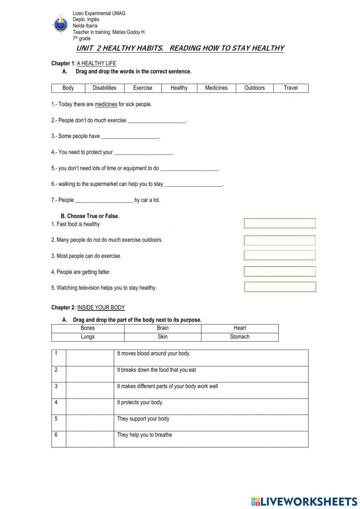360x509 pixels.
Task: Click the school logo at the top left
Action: pyautogui.click(x=60, y=24)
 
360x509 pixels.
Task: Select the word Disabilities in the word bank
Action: pyautogui.click(x=104, y=88)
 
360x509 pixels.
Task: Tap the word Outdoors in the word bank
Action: pyautogui.click(x=255, y=88)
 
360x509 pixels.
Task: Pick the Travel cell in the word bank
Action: pyautogui.click(x=291, y=88)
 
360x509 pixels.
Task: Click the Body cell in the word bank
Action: pyautogui.click(x=68, y=88)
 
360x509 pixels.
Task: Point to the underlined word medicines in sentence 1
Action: pyautogui.click(x=106, y=104)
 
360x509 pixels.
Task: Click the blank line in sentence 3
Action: pyautogui.click(x=130, y=137)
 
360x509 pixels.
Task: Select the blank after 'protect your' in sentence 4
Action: pyautogui.click(x=143, y=152)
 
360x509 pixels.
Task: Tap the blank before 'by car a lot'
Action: pyautogui.click(x=104, y=200)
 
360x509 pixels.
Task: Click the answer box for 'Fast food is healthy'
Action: pyautogui.click(x=279, y=223)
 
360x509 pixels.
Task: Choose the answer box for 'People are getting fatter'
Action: pyautogui.click(x=279, y=271)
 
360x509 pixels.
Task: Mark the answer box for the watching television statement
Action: pyautogui.click(x=280, y=287)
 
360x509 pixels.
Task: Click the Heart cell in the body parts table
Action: pyautogui.click(x=240, y=328)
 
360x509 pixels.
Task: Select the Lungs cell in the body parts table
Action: pyautogui.click(x=87, y=337)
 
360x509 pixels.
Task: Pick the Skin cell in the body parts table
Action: pyautogui.click(x=162, y=337)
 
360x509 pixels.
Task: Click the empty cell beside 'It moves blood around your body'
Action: pyautogui.click(x=90, y=358)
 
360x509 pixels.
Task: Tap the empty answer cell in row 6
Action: pyautogui.click(x=90, y=439)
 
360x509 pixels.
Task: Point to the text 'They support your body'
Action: pyautogui.click(x=143, y=419)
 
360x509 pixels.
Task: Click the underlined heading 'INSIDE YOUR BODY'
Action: pyautogui.click(x=101, y=308)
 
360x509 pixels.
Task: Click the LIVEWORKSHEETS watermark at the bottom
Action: pyautogui.click(x=304, y=501)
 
